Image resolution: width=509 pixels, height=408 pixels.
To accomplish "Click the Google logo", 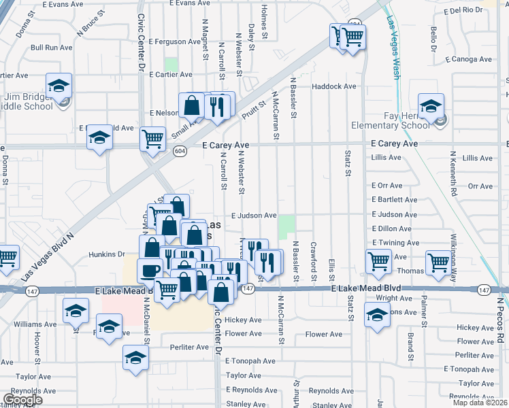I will (22, 400).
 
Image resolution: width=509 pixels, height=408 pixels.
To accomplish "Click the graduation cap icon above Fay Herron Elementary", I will (431, 106).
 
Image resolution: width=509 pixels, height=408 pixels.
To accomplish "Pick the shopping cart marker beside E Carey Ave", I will (152, 139).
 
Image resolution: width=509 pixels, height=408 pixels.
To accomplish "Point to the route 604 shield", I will (180, 150).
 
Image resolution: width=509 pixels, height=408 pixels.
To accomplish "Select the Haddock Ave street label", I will (333, 86).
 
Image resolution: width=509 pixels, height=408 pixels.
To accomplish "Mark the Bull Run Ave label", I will (51, 48).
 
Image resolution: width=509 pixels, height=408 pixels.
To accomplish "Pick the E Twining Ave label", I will (395, 243).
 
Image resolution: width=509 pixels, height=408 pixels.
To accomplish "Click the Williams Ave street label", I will (31, 325).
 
